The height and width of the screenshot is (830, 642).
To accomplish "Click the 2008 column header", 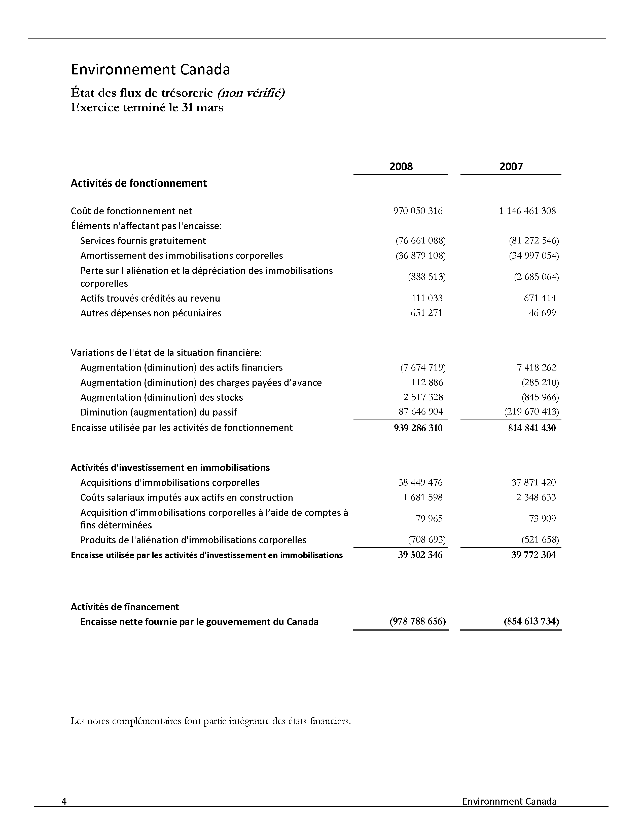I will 401,167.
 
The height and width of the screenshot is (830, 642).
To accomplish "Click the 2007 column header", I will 511,167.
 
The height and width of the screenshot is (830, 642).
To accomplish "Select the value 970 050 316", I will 418,211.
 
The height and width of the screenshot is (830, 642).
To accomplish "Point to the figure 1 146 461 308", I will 527,211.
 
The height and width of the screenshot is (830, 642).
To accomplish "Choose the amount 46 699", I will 542,313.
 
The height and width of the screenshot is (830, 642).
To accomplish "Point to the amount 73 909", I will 542,519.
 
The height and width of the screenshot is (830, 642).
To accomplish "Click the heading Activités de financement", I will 125,607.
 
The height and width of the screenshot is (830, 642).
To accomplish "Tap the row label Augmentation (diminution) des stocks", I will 161,397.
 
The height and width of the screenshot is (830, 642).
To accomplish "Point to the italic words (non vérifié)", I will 251,93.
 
